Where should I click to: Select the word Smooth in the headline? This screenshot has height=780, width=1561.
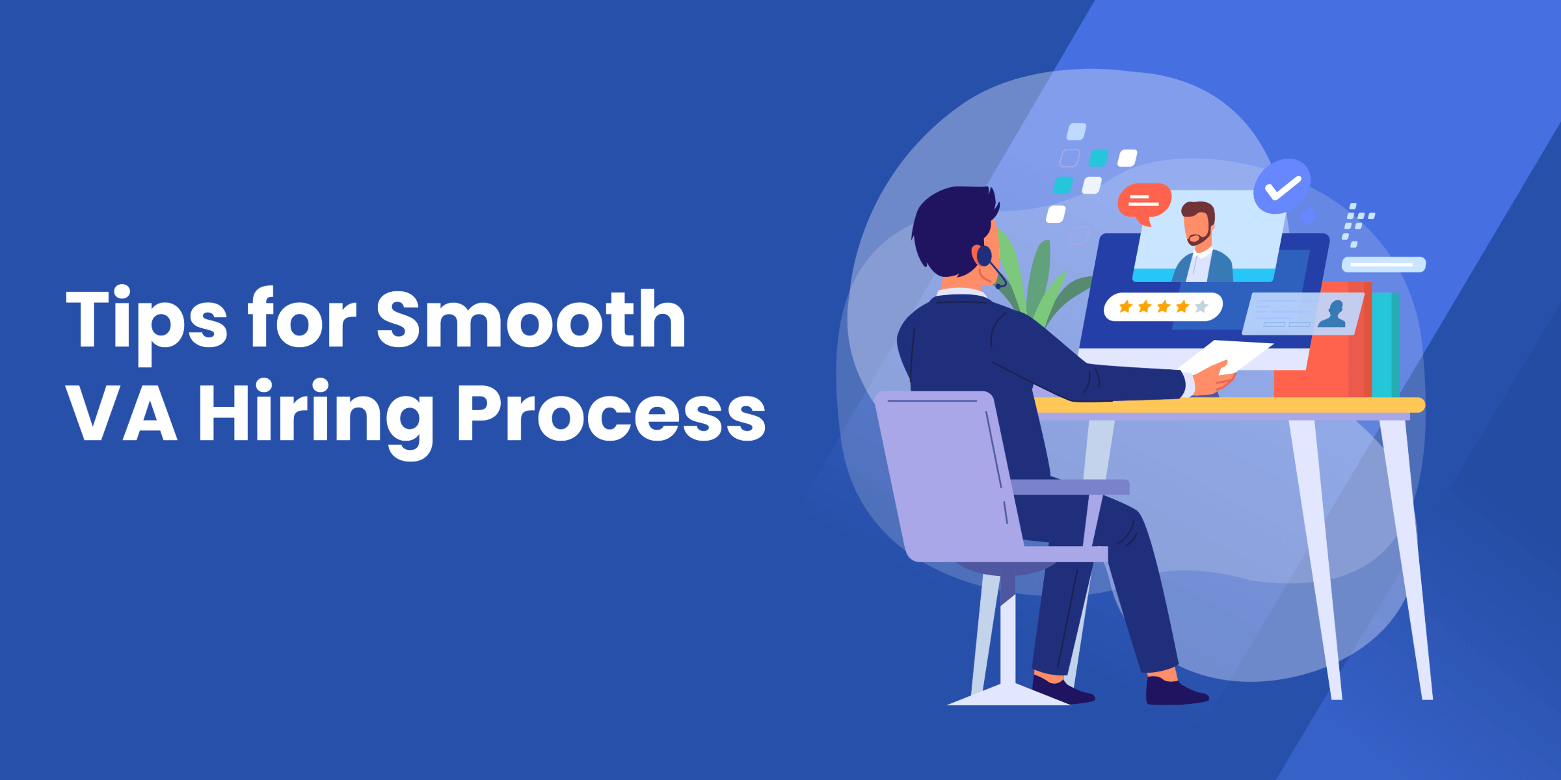[x=531, y=318]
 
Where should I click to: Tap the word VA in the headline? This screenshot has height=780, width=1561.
[x=122, y=412]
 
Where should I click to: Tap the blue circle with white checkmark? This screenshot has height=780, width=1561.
[x=1282, y=186]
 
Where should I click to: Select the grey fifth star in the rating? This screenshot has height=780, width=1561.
[x=1201, y=306]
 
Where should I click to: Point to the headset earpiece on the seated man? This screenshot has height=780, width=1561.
[x=984, y=255]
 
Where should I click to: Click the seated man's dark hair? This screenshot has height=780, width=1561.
[x=953, y=227]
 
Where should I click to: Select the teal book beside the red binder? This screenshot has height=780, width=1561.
[x=1385, y=344]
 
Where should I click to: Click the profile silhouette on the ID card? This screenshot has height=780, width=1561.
[x=1333, y=315]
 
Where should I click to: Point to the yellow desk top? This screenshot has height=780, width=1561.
[x=1229, y=406]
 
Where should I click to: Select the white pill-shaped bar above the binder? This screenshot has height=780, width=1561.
[x=1383, y=265]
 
